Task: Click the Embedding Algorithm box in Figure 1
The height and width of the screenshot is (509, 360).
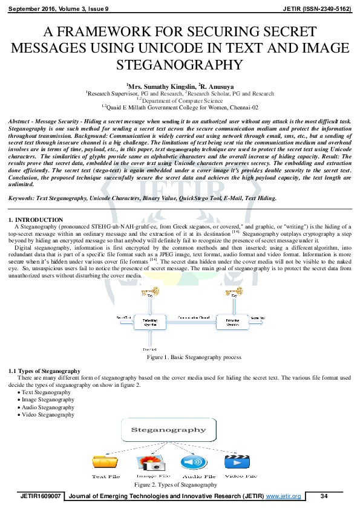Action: [145, 323]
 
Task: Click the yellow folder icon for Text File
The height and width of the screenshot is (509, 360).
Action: [106, 462]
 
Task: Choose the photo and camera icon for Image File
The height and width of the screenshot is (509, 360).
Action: [149, 463]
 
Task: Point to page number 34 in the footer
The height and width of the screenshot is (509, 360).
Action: [324, 496]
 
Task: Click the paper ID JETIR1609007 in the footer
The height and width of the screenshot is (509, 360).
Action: [41, 496]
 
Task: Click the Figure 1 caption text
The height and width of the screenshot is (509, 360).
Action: [182, 358]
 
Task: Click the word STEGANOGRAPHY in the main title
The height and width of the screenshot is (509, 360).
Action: [180, 65]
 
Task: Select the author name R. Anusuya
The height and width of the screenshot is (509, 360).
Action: [215, 86]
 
